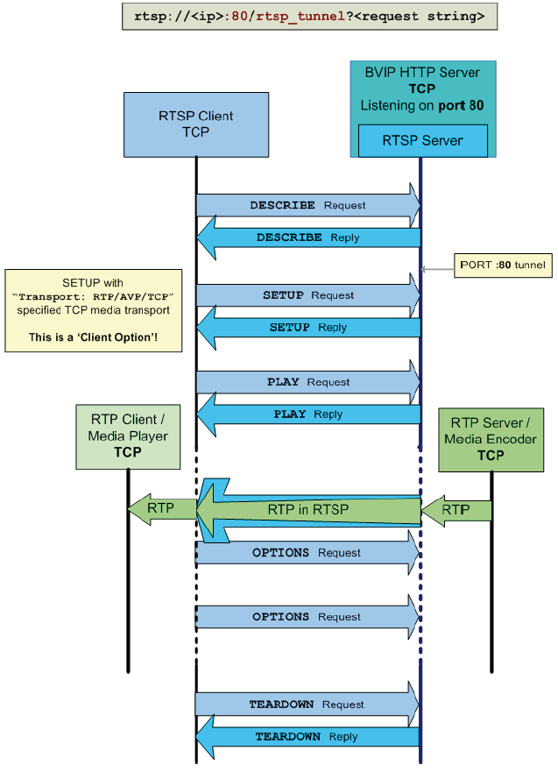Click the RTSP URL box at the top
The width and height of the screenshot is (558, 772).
click(x=309, y=16)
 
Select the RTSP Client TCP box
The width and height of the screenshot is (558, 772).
click(x=195, y=124)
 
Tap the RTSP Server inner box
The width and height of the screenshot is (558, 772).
click(x=422, y=140)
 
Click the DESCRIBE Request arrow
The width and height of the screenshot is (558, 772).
click(x=307, y=205)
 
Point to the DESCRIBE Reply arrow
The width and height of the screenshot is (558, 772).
click(x=307, y=237)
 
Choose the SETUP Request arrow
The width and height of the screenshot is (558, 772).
click(x=307, y=295)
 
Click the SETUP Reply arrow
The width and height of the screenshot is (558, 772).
click(x=307, y=328)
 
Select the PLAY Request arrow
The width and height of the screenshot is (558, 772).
click(x=307, y=382)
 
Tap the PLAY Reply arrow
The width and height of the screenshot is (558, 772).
click(x=307, y=414)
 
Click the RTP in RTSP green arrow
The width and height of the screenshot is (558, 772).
click(x=307, y=510)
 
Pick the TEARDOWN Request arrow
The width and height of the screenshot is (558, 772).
click(x=306, y=705)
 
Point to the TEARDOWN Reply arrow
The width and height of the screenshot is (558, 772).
click(x=306, y=737)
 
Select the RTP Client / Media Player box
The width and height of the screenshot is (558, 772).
click(x=128, y=436)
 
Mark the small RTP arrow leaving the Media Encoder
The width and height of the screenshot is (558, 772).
click(x=455, y=510)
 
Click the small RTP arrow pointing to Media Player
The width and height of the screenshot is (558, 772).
click(x=161, y=508)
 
